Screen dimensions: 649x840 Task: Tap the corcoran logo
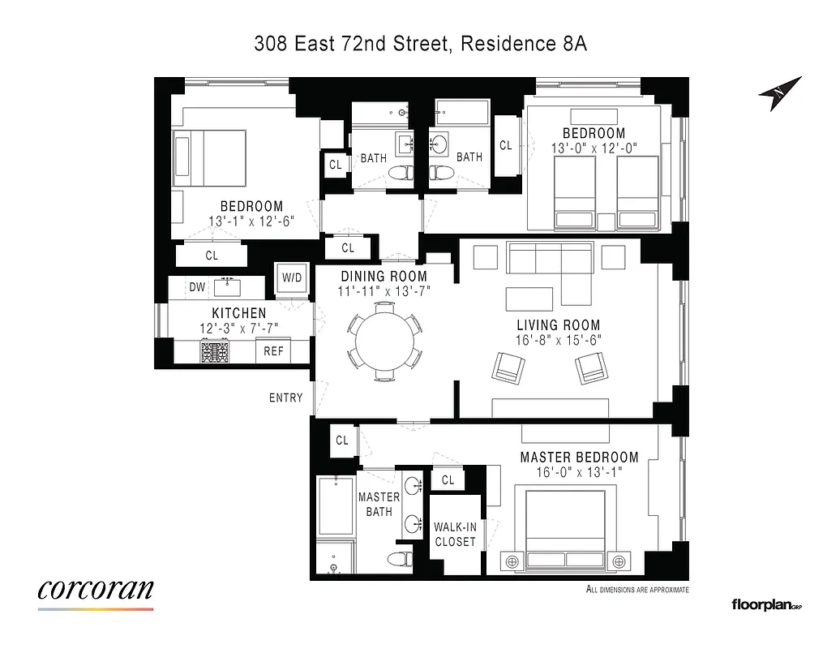coord(96,590)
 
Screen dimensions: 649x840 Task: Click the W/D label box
coord(291,278)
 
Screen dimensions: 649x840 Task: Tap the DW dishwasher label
coord(196,286)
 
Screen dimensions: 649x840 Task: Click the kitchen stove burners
coord(216,351)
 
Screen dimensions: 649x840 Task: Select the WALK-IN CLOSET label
coord(454,534)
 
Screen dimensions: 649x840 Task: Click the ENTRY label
coord(286,398)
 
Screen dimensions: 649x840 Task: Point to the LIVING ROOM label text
coord(558,325)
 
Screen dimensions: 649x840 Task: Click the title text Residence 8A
coord(523,44)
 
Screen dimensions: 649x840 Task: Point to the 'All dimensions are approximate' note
coord(636,590)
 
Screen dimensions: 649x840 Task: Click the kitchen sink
coord(227,286)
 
